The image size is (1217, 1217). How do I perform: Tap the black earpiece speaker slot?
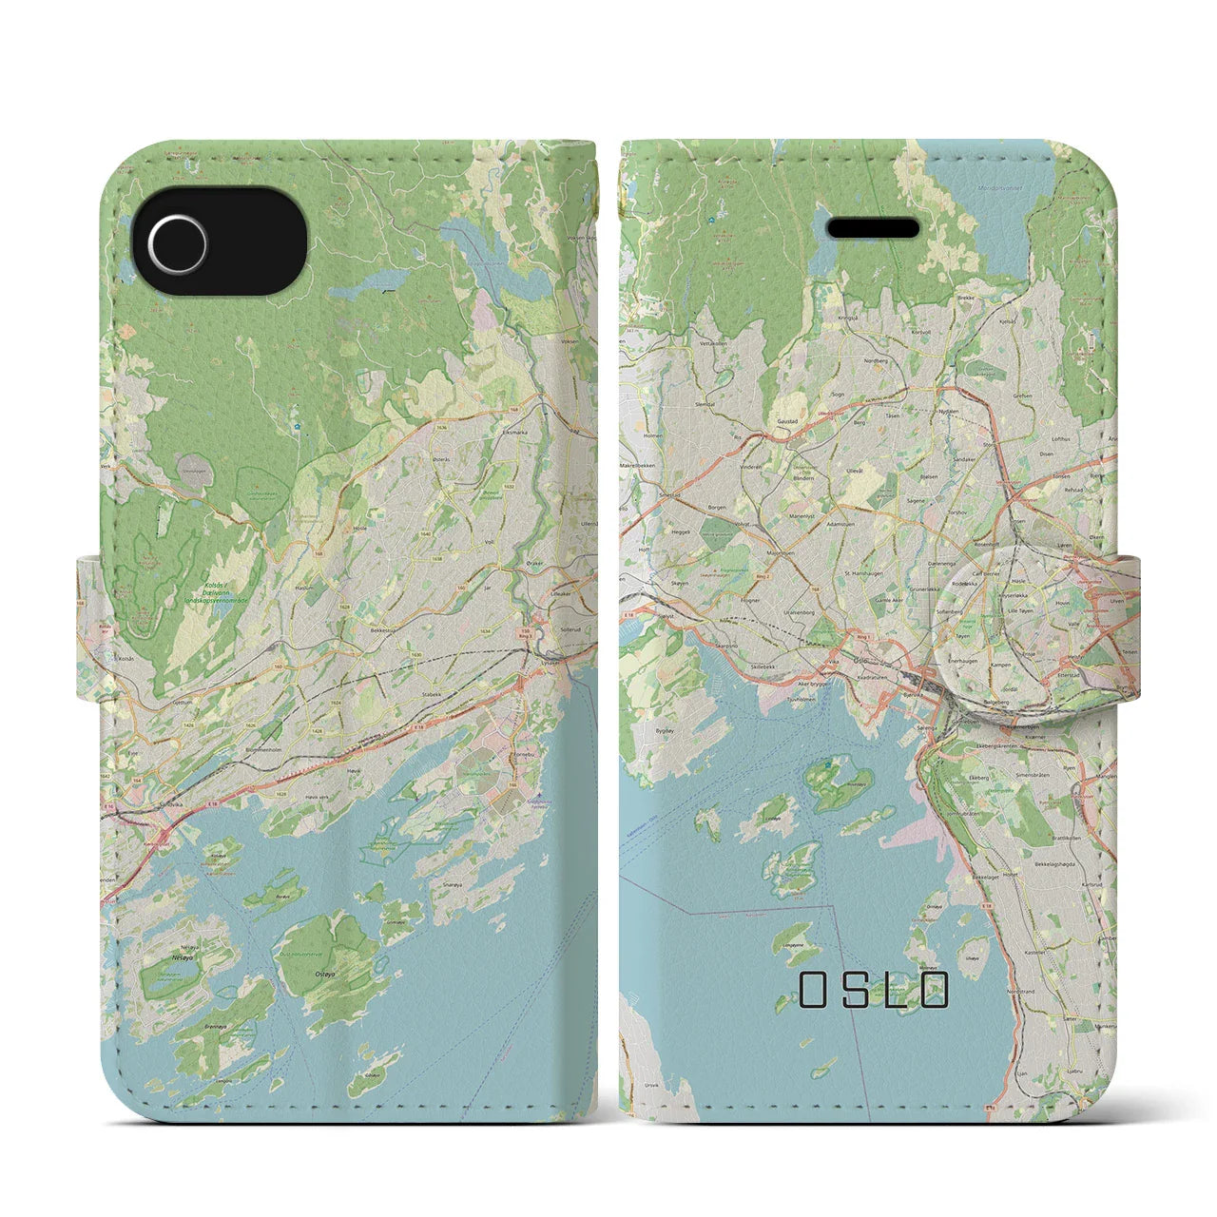click(874, 229)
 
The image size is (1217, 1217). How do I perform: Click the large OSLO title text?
click(874, 989)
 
